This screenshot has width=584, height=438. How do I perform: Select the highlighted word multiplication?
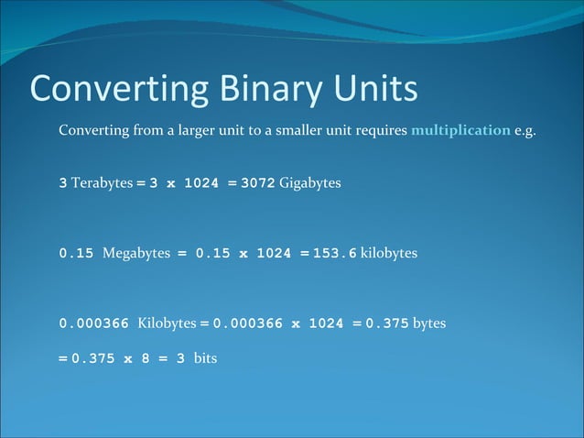[460, 130]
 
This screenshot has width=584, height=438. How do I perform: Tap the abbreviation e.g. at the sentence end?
[525, 130]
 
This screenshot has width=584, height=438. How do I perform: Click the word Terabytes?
[102, 183]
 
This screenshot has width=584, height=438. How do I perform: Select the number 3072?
[257, 183]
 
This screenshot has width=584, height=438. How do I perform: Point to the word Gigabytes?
[310, 183]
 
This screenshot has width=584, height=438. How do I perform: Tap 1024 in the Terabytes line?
[201, 183]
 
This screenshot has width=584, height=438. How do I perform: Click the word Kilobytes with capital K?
[167, 323]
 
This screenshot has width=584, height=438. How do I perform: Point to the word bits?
[205, 358]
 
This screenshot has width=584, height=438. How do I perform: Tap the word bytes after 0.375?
[429, 323]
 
